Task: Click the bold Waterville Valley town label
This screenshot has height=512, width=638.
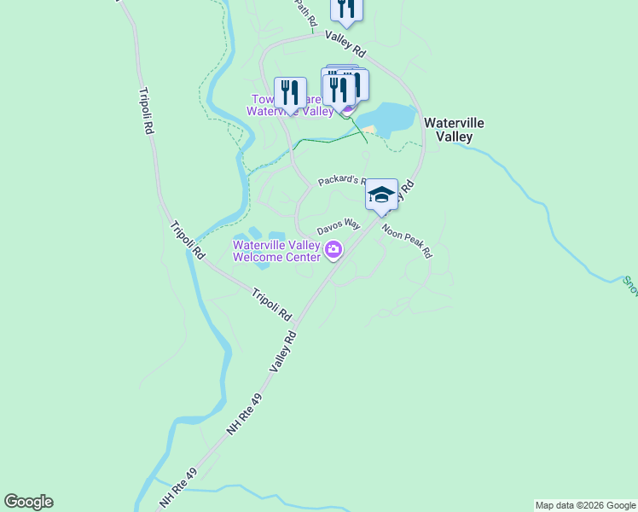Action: pyautogui.click(x=454, y=130)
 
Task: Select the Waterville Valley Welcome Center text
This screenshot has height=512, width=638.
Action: pyautogui.click(x=276, y=251)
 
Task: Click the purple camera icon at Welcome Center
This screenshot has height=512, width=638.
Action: pyautogui.click(x=333, y=251)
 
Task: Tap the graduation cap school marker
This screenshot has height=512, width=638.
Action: pyautogui.click(x=381, y=195)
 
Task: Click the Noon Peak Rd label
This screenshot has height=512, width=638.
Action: pyautogui.click(x=407, y=241)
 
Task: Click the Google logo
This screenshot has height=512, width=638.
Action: pyautogui.click(x=28, y=502)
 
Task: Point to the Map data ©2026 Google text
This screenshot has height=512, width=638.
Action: pyautogui.click(x=585, y=505)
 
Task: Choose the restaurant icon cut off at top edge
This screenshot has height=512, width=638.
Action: pyautogui.click(x=346, y=9)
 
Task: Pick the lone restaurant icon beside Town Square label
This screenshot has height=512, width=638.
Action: pyautogui.click(x=290, y=91)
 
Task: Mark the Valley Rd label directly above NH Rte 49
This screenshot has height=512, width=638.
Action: pyautogui.click(x=283, y=351)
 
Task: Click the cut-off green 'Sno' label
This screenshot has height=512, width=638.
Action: pyautogui.click(x=629, y=284)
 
